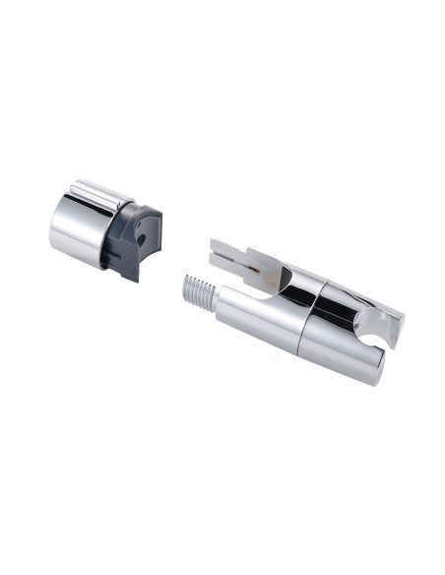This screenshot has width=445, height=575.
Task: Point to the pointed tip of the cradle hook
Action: click(400, 316)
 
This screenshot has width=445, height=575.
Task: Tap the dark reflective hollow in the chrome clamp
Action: click(296, 287)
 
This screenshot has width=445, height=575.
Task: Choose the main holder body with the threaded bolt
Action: click(305, 315)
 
